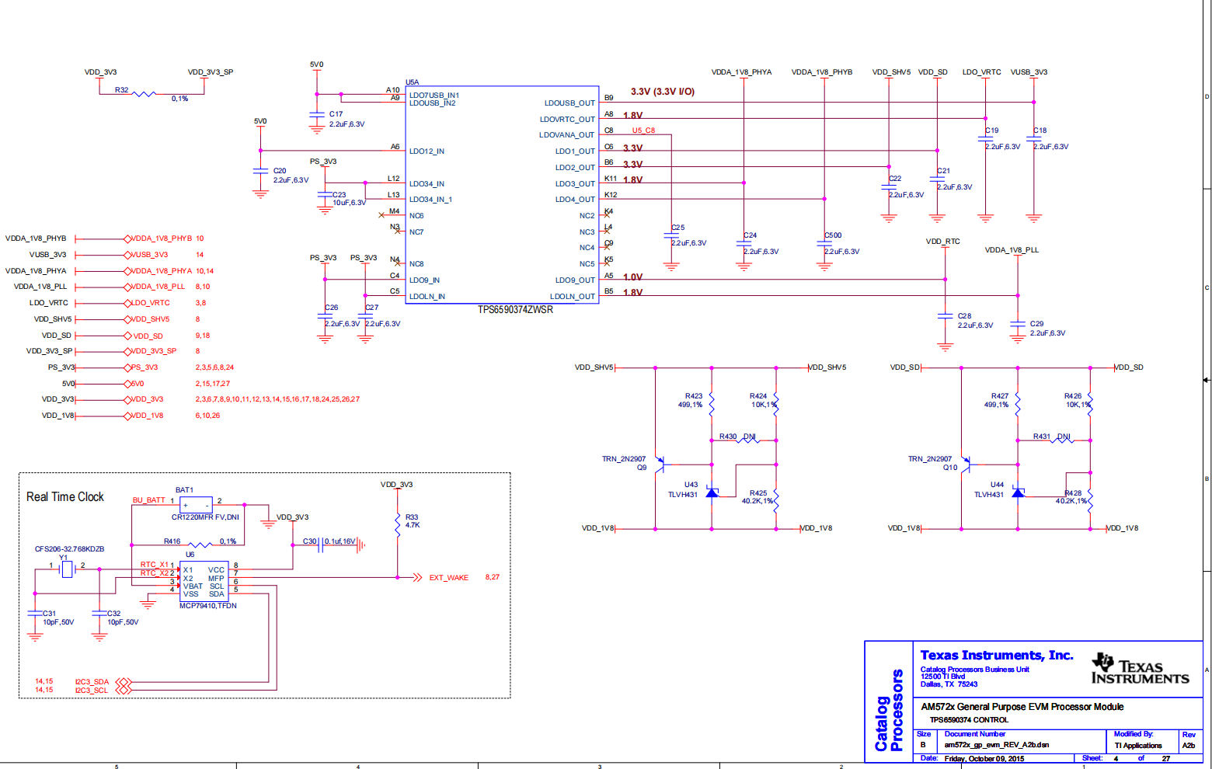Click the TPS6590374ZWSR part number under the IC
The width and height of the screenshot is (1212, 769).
515,310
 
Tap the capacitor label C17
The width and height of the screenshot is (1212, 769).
336,114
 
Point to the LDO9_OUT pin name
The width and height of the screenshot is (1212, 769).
574,280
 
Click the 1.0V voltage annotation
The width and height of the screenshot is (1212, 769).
632,277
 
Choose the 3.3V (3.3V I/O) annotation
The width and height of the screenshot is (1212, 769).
662,92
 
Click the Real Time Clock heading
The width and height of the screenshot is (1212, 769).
65,497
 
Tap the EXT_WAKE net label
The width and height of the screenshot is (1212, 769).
448,578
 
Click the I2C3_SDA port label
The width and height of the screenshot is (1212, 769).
92,682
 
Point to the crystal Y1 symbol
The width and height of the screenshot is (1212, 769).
67,569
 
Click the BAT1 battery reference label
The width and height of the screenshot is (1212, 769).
184,490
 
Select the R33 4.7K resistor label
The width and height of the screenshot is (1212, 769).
412,521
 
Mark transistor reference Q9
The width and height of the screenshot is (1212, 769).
642,468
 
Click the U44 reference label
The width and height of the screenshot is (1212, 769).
997,485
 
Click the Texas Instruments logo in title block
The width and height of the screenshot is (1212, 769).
1140,669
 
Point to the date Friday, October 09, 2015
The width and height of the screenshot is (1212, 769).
984,759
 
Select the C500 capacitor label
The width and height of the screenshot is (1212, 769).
833,235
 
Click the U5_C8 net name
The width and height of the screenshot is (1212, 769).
643,130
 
